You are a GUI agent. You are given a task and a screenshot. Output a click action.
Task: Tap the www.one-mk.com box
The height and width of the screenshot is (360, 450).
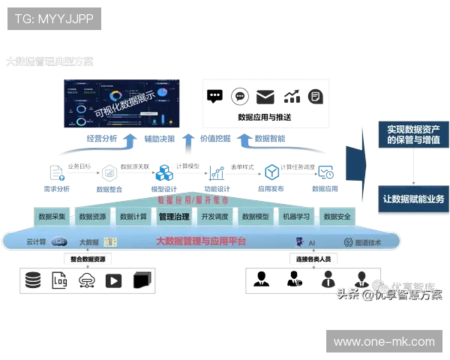(x=384, y=341)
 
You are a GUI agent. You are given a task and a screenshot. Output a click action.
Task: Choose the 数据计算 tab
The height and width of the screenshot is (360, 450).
(x=133, y=217)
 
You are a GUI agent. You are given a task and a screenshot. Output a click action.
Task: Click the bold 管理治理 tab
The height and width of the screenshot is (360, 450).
(x=174, y=217)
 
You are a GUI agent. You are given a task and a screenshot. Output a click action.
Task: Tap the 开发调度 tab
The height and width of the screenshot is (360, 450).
(x=214, y=217)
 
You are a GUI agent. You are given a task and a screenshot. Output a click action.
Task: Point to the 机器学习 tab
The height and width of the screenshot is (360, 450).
(x=296, y=217)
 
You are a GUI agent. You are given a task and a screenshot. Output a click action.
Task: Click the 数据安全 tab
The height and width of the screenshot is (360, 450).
(x=337, y=217)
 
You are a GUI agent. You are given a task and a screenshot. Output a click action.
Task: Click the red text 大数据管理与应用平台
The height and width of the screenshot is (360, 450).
(x=200, y=241)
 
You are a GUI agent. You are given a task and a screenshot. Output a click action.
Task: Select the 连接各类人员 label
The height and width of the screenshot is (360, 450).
(x=314, y=259)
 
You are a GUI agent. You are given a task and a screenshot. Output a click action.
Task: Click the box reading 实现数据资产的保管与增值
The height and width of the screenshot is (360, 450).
(x=413, y=134)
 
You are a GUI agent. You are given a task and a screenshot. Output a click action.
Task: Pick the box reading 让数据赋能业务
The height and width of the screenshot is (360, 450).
(x=413, y=199)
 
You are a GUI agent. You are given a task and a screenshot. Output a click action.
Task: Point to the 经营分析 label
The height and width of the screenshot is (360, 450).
(x=102, y=139)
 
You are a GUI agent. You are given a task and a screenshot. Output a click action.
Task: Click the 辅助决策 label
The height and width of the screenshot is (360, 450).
(x=159, y=139)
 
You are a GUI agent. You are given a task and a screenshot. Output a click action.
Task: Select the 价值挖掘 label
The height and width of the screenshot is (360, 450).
(x=215, y=139)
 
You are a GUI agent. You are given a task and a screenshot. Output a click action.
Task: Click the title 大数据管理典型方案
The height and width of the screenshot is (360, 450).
(x=50, y=61)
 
